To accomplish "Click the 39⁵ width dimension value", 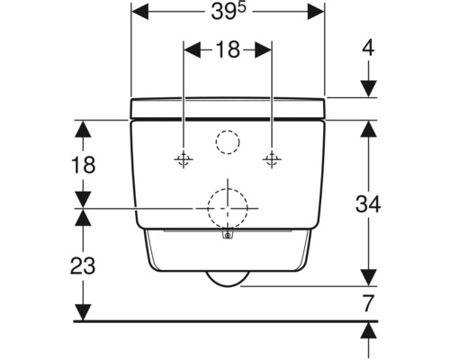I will [x=229, y=14].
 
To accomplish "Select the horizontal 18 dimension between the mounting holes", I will [x=228, y=50].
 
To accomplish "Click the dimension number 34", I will [x=368, y=203].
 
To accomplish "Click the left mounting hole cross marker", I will [x=184, y=159].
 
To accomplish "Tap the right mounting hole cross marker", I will [x=271, y=159].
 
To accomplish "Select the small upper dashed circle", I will [x=228, y=142].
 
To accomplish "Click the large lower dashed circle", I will [x=228, y=209].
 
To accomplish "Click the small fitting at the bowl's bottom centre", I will [x=228, y=238].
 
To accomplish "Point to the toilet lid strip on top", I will [x=228, y=108].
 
